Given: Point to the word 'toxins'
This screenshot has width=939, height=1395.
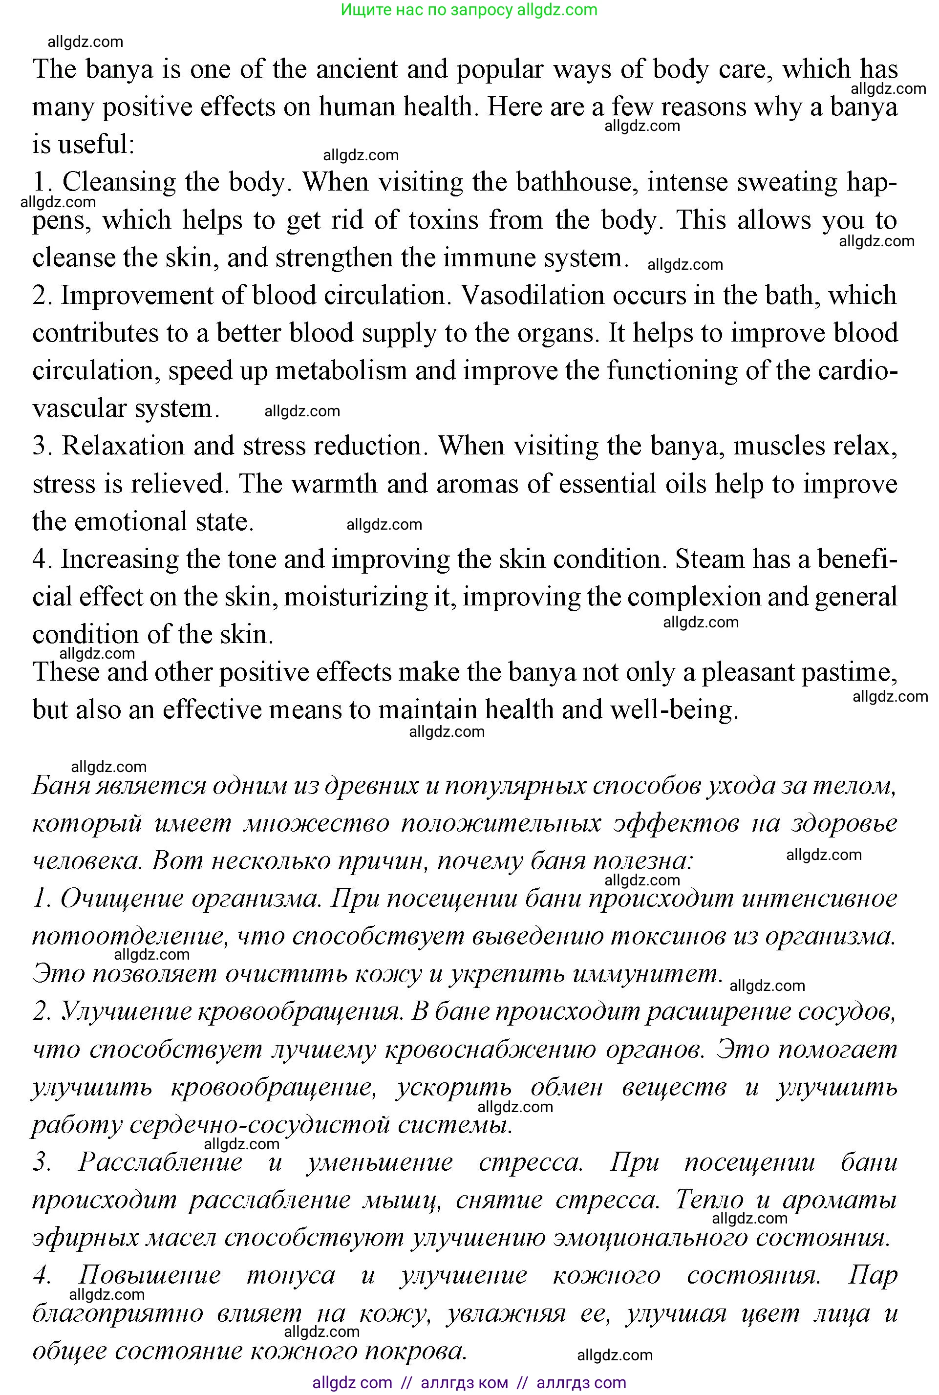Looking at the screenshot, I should (443, 220).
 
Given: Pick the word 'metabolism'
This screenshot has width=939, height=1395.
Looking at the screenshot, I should (341, 371).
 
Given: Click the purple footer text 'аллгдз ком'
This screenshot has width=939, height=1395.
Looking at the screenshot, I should (464, 1382).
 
